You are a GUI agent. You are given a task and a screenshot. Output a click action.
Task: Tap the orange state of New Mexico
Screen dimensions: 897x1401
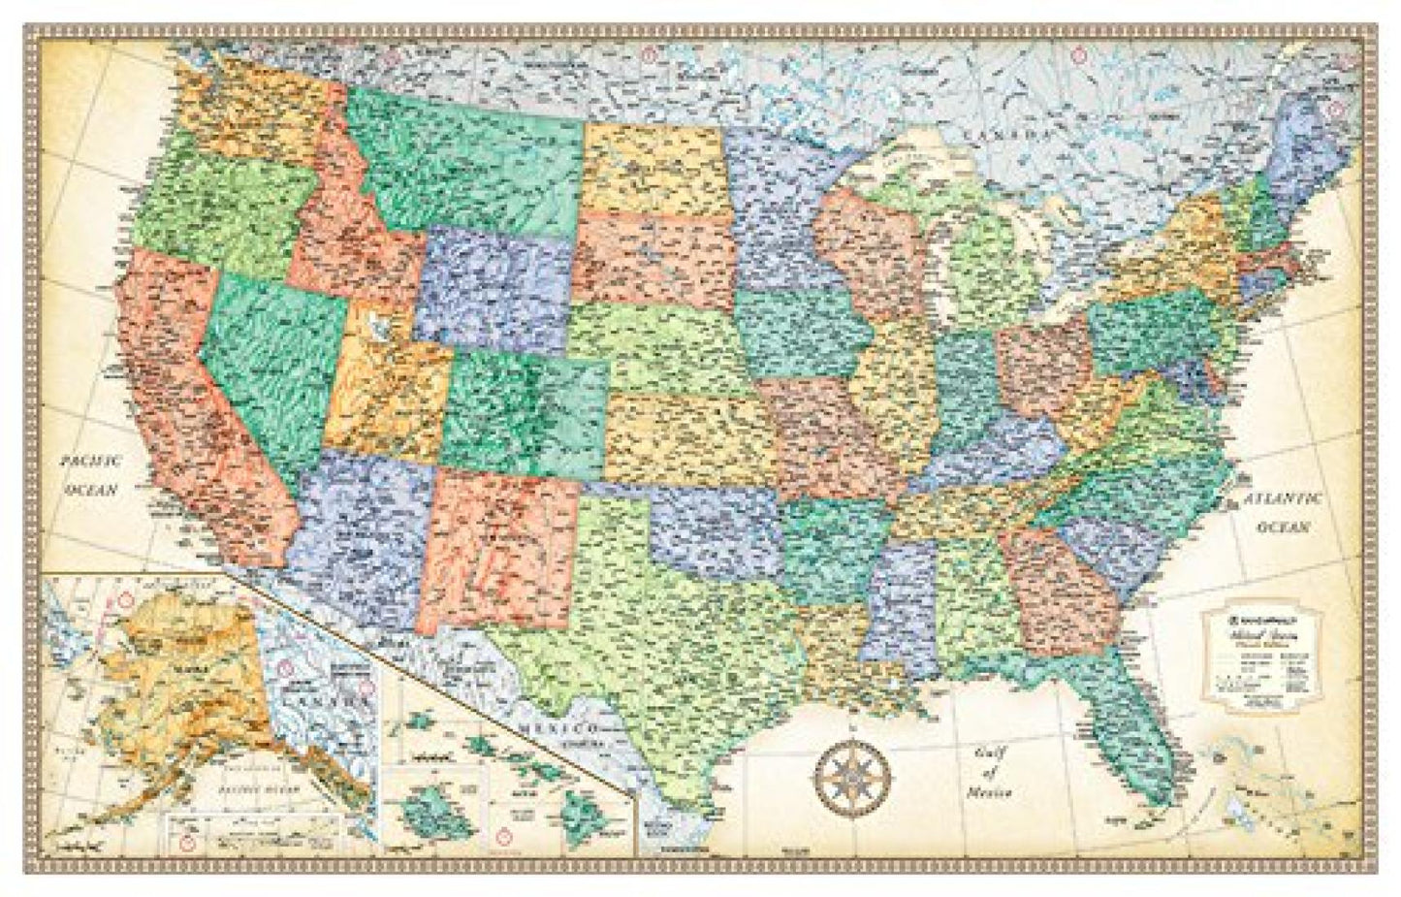(x=498, y=548)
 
